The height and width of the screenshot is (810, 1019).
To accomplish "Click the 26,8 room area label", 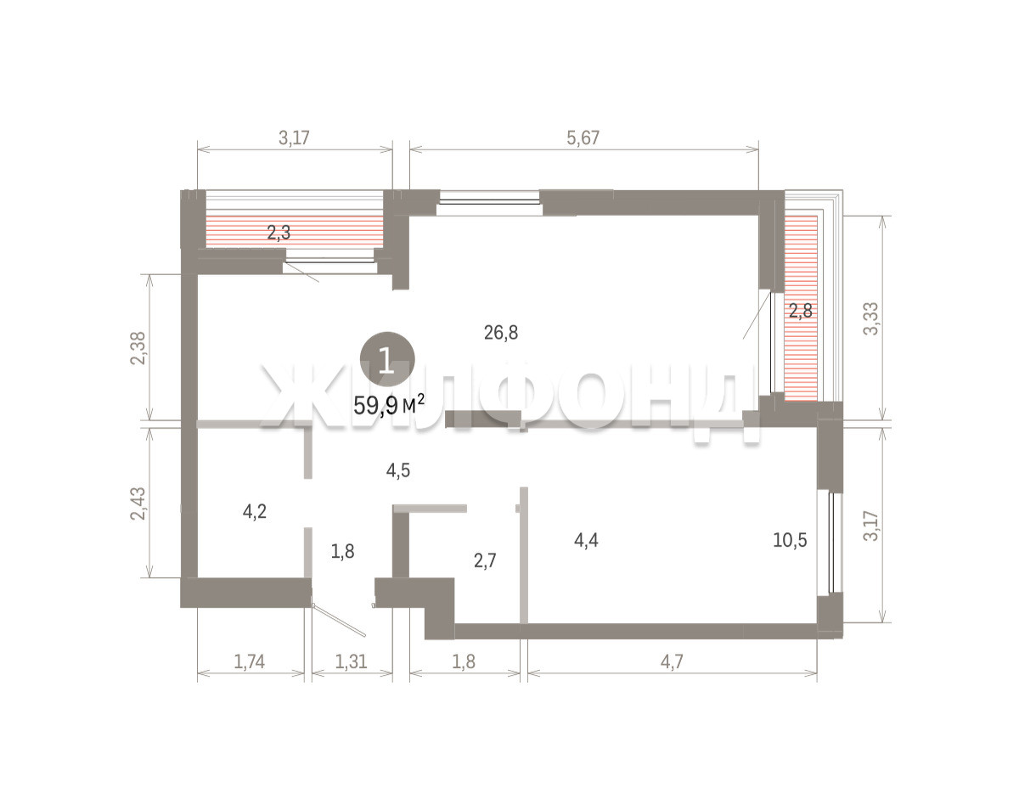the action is click(500, 333).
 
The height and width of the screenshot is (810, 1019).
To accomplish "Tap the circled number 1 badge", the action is click(387, 359).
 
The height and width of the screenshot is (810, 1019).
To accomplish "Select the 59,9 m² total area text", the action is click(389, 405).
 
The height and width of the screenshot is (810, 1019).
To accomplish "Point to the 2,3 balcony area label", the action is click(279, 233).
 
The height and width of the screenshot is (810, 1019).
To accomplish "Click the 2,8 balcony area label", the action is click(800, 311).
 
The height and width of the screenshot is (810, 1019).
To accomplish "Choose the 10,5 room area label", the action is click(790, 540).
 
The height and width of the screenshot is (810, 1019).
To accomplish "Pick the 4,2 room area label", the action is click(254, 511).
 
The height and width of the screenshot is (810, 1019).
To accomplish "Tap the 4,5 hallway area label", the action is click(397, 470).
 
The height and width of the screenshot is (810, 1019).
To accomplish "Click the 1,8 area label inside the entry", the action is click(342, 551).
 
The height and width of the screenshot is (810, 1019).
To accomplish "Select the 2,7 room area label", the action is click(485, 560).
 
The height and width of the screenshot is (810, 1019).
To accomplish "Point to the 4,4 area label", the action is click(586, 540).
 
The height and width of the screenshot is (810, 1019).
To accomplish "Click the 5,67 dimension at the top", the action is click(583, 138).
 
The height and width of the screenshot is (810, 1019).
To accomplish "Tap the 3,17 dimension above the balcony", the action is click(294, 138).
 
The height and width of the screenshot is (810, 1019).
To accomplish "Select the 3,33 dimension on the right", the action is click(870, 318).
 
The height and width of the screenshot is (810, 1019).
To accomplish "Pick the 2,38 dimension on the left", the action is click(138, 348).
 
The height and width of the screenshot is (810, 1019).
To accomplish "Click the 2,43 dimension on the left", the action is click(138, 503).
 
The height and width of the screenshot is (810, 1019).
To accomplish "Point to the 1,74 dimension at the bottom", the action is click(249, 661).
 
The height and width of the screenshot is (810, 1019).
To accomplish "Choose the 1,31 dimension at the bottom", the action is click(351, 661).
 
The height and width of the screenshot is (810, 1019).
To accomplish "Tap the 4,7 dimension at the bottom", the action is click(672, 661).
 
